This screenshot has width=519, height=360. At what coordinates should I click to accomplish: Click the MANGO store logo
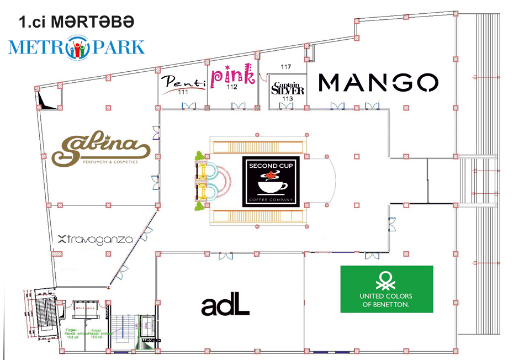point(379,83)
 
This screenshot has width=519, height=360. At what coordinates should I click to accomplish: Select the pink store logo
point(232,76)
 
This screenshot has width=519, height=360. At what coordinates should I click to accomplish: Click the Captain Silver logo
point(287,88)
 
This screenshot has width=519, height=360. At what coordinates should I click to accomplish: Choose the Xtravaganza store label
point(96,240)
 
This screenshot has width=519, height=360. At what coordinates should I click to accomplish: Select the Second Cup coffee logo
point(271,182)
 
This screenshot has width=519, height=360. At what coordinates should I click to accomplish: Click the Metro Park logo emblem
point(77,47)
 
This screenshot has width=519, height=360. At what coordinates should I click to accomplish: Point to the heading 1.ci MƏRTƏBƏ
point(76,22)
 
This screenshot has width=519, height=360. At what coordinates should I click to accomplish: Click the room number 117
point(285,67)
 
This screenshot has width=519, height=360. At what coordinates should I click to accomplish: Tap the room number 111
point(183,92)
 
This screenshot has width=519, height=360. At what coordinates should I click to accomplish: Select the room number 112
point(231,87)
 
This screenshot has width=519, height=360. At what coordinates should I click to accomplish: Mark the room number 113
point(287,98)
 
